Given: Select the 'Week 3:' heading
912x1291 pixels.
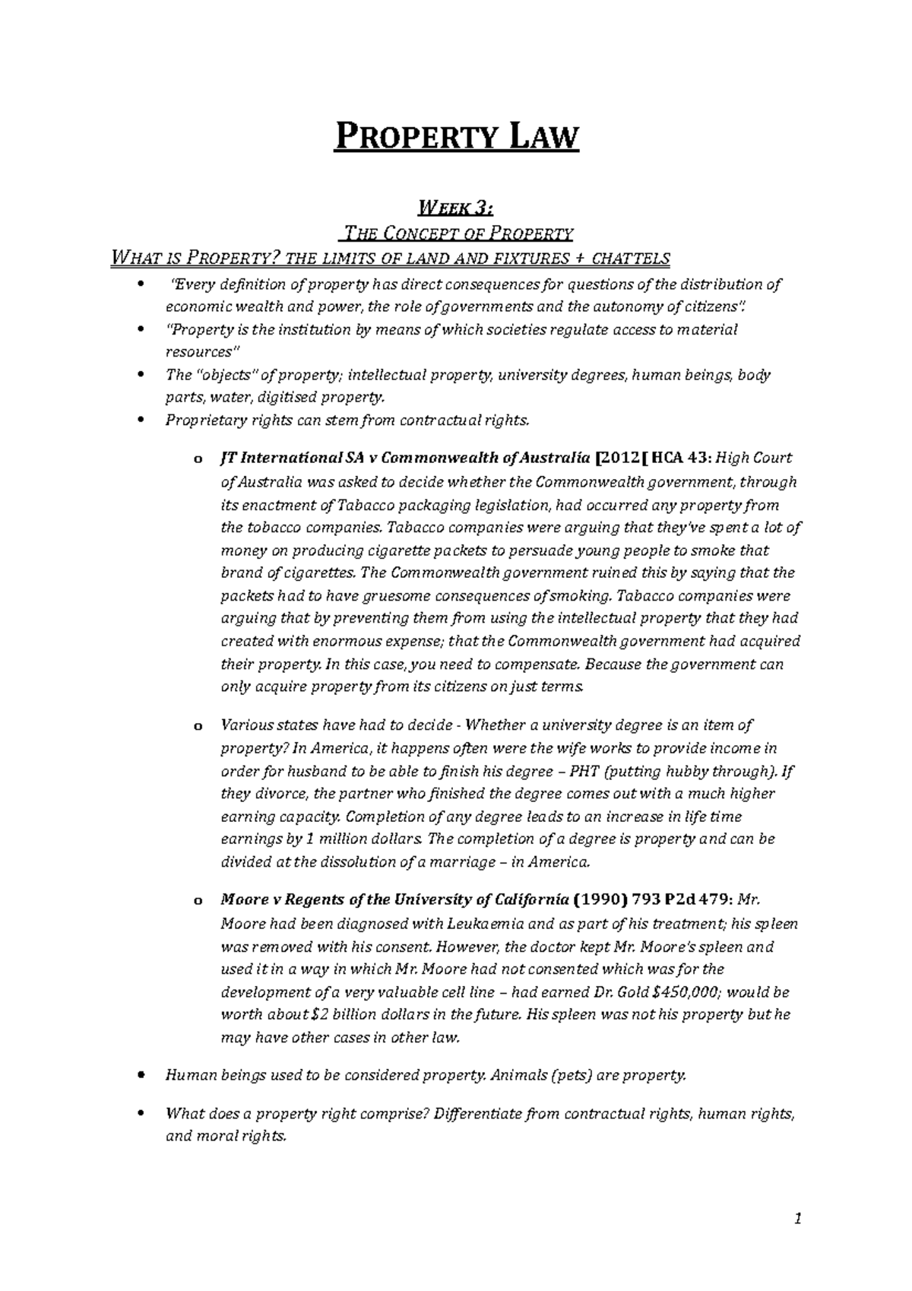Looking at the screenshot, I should coord(456,207).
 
